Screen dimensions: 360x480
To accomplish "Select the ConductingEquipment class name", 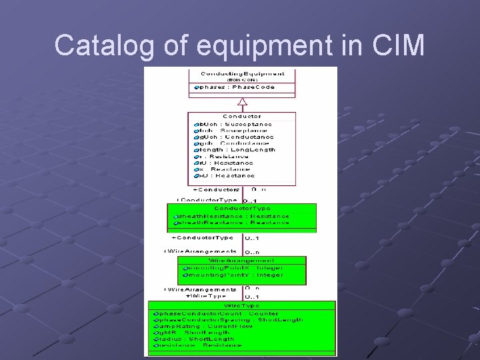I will tap(242, 73).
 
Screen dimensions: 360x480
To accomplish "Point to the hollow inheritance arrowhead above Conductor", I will tap(243, 102).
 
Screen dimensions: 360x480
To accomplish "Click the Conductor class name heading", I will tap(242, 117).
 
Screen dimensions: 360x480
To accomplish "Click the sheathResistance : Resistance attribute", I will tap(234, 216).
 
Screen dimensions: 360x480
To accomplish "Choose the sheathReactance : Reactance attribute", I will tap(234, 223).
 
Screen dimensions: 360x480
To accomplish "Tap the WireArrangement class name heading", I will tap(241, 261).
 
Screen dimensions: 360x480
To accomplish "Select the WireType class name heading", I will tap(241, 305).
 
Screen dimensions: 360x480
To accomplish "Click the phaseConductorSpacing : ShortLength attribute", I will tap(230, 319).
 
